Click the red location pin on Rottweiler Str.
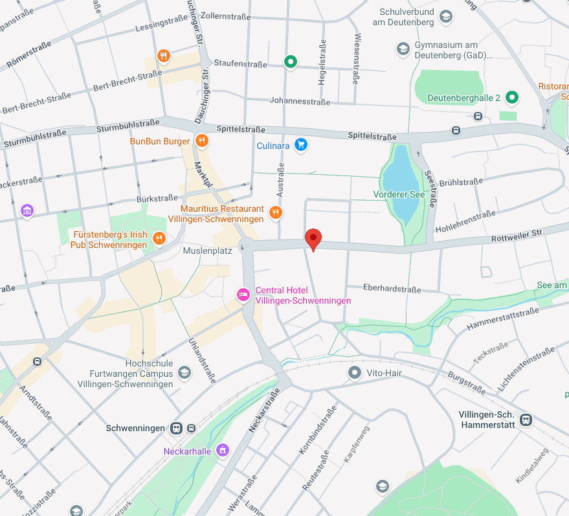pos(313,239)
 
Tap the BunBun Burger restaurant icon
pos(202,140)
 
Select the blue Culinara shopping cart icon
pos(300,145)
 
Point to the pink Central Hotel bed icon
pos(243,295)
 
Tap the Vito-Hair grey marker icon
pos(354,373)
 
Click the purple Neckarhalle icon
pos(223,450)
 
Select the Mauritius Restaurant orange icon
pos(276,212)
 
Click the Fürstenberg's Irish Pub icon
pos(159,240)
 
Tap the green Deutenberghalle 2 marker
pos(512,97)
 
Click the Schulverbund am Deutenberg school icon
pos(445,17)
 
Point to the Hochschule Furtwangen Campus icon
pos(184,373)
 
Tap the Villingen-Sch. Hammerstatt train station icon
pos(526,420)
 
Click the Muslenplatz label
pos(207,251)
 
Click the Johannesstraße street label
pos(300,102)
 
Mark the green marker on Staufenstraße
pos(291,62)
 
